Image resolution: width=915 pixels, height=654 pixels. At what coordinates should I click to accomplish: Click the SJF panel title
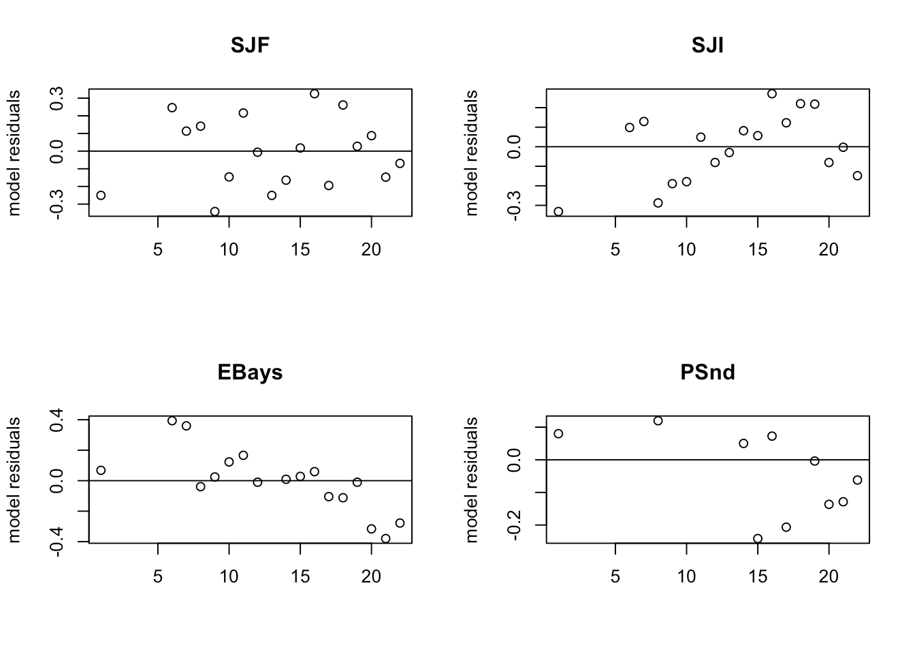[x=250, y=46]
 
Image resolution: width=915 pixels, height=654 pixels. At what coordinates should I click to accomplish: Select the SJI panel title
[x=707, y=46]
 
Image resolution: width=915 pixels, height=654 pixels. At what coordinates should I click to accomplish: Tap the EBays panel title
[x=250, y=373]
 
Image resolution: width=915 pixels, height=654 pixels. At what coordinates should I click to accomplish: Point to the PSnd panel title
[x=707, y=373]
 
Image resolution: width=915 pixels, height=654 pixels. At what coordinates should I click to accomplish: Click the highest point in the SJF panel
[x=315, y=94]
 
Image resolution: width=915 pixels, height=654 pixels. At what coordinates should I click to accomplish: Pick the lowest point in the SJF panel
[x=215, y=212]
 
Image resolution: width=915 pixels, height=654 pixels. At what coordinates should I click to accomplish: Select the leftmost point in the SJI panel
[x=558, y=212]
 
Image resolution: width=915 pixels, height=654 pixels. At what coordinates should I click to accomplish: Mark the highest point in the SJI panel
[x=772, y=94]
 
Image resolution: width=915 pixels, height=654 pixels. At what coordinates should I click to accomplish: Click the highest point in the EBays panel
[x=172, y=421]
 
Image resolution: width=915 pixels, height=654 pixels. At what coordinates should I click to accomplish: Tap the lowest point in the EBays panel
[x=385, y=538]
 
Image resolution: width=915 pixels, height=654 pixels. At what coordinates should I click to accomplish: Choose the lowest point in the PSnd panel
[x=758, y=538]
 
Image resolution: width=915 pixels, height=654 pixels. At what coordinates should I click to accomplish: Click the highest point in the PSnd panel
[x=658, y=421]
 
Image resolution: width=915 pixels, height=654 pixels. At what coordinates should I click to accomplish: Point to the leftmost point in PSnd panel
[x=558, y=434]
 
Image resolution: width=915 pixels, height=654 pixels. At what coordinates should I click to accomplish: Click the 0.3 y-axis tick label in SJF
[x=57, y=98]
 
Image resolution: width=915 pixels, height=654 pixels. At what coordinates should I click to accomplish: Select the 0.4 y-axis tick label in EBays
[x=57, y=420]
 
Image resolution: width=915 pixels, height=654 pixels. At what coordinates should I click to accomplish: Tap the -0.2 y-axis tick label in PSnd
[x=515, y=525]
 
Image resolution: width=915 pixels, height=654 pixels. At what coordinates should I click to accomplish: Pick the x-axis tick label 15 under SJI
[x=758, y=250]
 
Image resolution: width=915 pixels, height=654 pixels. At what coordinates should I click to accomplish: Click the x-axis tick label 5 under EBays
[x=158, y=577]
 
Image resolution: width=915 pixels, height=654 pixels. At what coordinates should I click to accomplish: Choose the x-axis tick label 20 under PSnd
[x=829, y=577]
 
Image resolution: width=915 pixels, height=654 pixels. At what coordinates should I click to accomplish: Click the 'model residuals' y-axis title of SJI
[x=471, y=153]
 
